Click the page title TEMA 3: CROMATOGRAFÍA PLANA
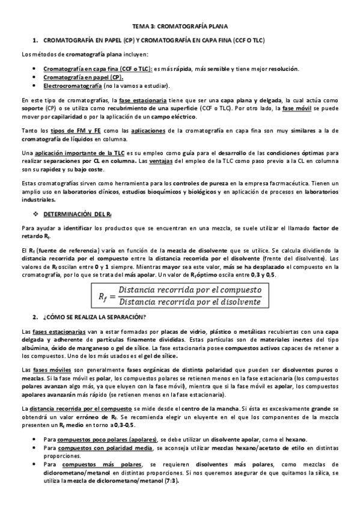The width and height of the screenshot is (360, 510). click(x=180, y=27)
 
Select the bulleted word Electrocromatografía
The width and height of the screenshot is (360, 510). click(x=67, y=85)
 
